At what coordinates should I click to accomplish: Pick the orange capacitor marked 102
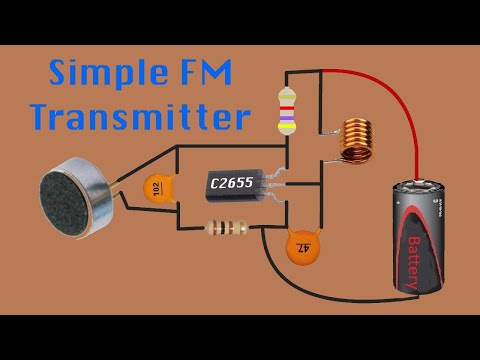pos(155,188)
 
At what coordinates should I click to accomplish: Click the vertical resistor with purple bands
pos(287,110)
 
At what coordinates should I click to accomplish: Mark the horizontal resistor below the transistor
pos(229,229)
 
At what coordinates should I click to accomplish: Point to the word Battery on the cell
pos(411,256)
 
